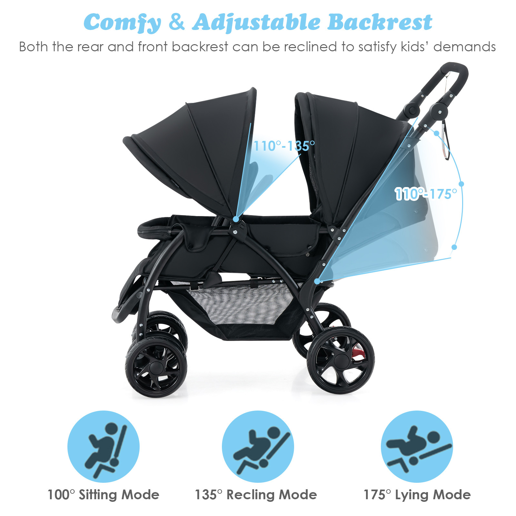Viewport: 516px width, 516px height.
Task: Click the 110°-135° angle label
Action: coord(284,146)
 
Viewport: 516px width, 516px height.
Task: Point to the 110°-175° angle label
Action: coord(426,194)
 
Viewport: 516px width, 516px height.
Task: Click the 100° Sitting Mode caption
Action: coord(103,495)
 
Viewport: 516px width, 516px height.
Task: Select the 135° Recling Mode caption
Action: coord(256,495)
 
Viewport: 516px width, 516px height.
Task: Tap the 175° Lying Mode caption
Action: coord(417,495)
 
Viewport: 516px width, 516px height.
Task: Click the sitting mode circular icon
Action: coord(104,447)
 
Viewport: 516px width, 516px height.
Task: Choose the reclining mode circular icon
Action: coord(258,447)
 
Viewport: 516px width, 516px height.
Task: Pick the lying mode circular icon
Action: coord(417,447)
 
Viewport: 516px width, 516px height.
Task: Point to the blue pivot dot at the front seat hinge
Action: coord(236,219)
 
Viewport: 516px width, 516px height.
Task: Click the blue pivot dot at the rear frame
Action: coord(317,281)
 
